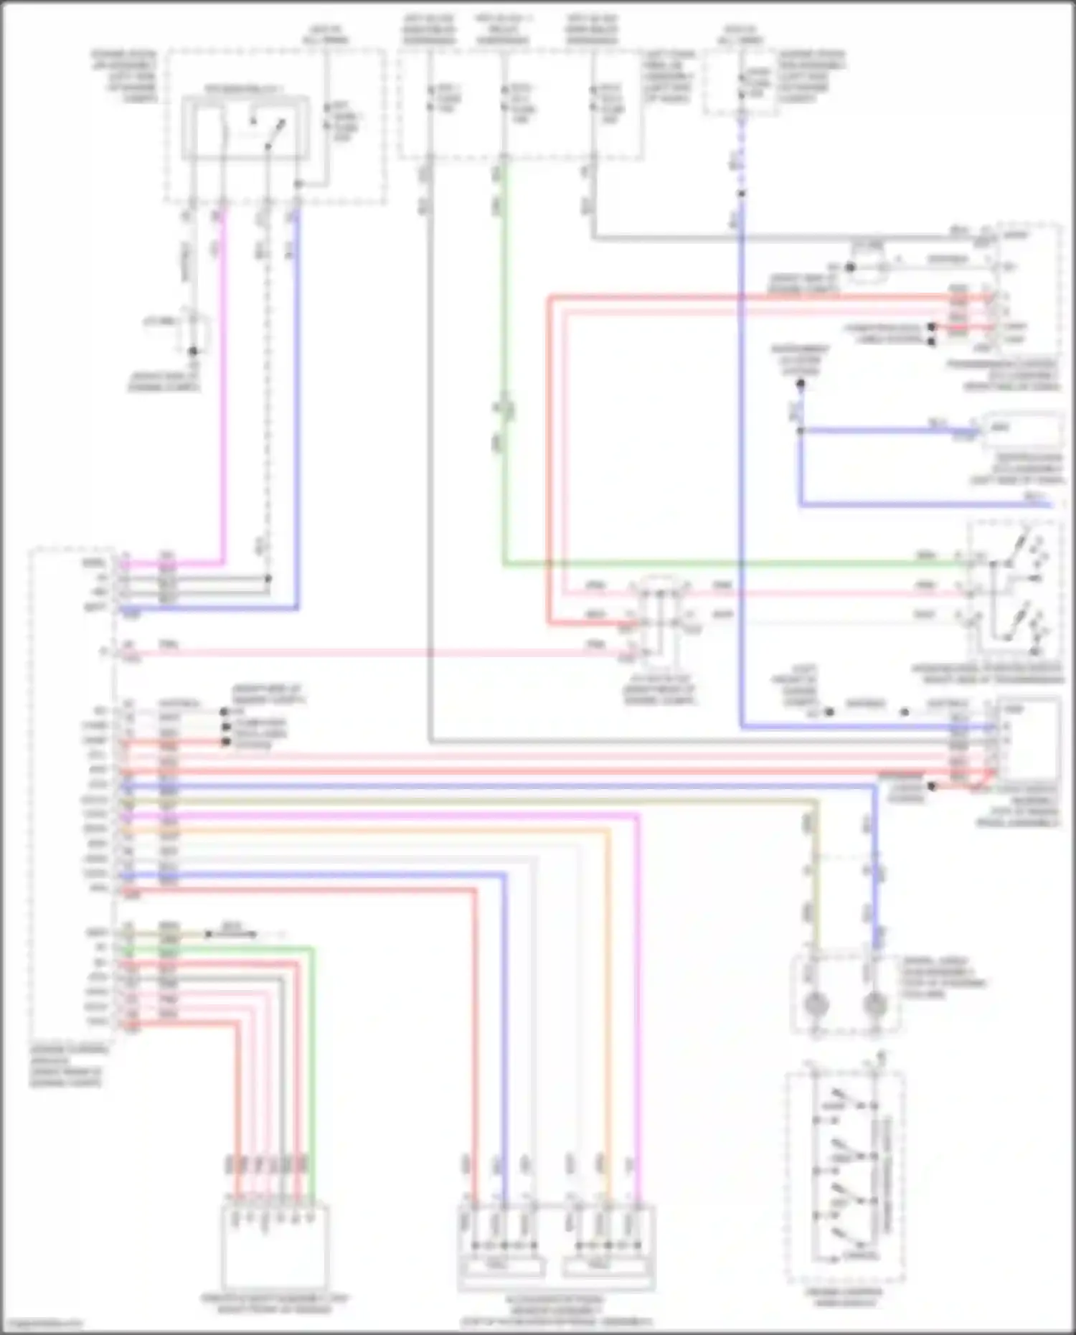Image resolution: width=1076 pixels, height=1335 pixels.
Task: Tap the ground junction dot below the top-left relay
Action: [192, 352]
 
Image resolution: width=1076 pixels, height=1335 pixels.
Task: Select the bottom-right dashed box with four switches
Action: [845, 1176]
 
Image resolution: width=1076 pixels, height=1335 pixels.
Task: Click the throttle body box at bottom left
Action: [274, 1248]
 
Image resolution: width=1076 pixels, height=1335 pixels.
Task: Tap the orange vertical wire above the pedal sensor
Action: [609, 1004]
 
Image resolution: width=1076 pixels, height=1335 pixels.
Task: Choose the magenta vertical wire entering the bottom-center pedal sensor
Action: [638, 1004]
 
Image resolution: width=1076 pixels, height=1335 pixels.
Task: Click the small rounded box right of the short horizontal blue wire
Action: [1024, 429]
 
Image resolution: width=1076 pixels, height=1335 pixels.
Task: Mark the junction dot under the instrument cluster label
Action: [801, 384]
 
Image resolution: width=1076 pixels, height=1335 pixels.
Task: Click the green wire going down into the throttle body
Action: [312, 1076]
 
